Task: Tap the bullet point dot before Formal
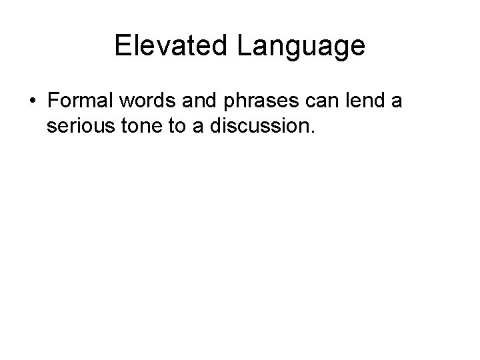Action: click(33, 103)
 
